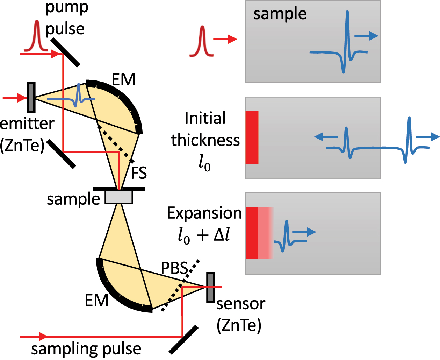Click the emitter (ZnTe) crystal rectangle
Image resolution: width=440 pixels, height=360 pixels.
coord(31,97)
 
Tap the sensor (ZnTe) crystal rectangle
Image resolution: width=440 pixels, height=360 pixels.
coord(210,287)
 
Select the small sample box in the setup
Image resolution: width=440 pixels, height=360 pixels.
coord(119,197)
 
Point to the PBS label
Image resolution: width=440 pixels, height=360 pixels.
coord(174,268)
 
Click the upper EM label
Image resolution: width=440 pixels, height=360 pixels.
coord(123,80)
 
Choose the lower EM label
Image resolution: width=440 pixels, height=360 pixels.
coord(96,301)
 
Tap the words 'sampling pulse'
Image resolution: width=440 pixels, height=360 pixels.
coord(86,349)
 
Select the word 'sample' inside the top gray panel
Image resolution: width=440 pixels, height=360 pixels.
coord(280,14)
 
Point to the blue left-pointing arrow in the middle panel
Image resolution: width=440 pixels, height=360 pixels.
coord(325,137)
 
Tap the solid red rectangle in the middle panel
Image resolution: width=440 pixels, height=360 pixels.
coord(252,137)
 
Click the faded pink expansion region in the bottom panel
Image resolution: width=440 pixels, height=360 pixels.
coord(266,233)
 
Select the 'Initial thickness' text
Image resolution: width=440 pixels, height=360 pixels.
coord(205,129)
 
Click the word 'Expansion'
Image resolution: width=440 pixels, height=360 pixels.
coord(204,213)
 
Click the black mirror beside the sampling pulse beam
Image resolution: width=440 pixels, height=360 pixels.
coord(183,339)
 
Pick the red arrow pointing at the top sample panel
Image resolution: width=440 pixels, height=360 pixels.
coord(225,39)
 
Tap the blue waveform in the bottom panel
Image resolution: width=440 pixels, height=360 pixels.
coord(287,236)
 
